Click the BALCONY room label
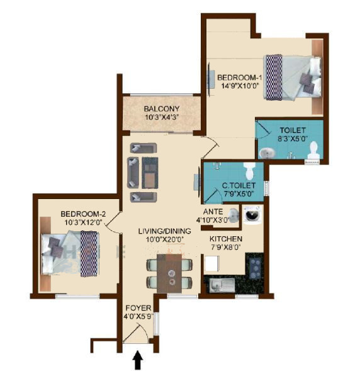tap(161, 108)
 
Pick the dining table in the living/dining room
tap(167, 275)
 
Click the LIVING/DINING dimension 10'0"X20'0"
tap(162, 240)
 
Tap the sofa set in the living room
tap(143, 168)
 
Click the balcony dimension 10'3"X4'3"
tap(162, 117)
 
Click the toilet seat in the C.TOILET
tap(249, 171)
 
